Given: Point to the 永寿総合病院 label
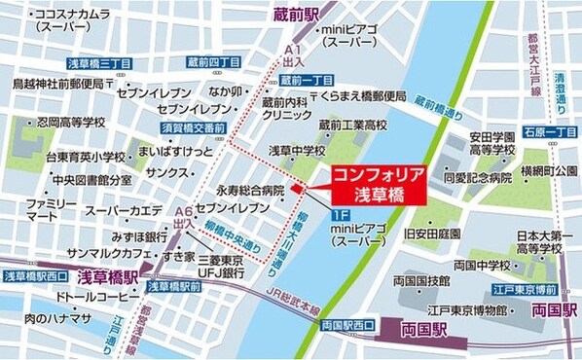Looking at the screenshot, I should click(x=250, y=191).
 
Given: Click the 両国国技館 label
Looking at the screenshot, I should click(x=419, y=280).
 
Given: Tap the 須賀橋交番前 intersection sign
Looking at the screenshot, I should click(x=193, y=127).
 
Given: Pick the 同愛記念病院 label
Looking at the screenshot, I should click(x=477, y=178).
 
